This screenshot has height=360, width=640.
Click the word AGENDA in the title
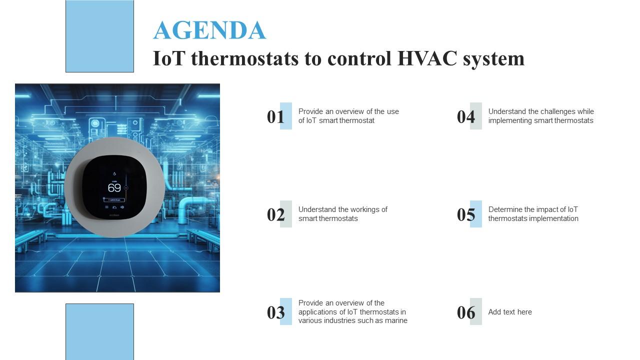[x=209, y=30]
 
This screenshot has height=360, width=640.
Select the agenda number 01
[x=275, y=116]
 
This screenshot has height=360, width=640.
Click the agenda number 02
[x=275, y=214]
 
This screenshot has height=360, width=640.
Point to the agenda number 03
[x=275, y=312]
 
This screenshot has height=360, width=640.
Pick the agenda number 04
[x=465, y=116]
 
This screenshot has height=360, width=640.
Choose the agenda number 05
[x=465, y=214]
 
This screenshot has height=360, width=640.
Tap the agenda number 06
[x=465, y=312]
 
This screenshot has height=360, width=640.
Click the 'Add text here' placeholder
[x=510, y=312]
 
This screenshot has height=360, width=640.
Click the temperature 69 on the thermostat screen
[x=114, y=188]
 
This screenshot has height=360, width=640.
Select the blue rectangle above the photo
[x=99, y=36]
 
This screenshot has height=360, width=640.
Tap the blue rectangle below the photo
[x=99, y=331]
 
